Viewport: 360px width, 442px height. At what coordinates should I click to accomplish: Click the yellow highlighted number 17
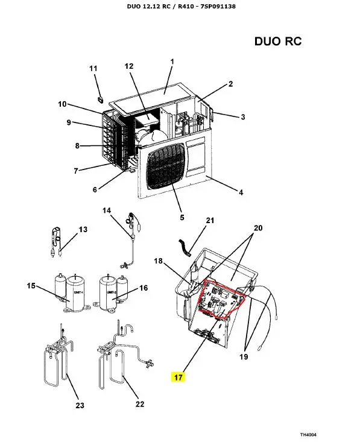tap(178, 377)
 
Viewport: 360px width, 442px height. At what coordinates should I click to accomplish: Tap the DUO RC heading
tap(278, 41)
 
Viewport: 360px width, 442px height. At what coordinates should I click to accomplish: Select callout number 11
tap(93, 69)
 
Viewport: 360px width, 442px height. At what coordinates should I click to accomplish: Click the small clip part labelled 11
tap(99, 99)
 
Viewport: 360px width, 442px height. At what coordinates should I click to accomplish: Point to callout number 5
tap(182, 217)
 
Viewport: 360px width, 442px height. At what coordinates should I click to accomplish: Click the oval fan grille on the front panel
tap(166, 166)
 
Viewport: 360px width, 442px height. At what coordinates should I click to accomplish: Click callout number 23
tap(80, 405)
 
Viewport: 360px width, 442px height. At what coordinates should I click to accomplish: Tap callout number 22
tap(140, 404)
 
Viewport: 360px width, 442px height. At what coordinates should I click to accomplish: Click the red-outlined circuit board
tap(222, 299)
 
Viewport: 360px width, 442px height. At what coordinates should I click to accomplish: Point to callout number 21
tap(210, 221)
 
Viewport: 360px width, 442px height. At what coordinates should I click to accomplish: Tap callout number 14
tap(107, 210)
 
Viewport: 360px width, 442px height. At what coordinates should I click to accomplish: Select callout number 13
tap(83, 230)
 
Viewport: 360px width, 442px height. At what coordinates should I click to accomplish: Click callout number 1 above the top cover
tap(172, 62)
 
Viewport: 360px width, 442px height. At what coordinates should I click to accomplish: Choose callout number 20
tap(258, 228)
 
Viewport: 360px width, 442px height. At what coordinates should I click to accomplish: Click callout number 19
tap(244, 357)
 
